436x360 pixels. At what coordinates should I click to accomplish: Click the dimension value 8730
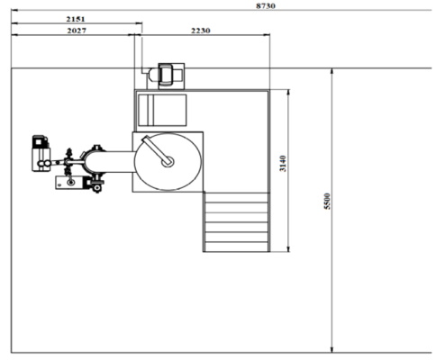[x=266, y=5]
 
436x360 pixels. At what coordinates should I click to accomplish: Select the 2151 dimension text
[x=76, y=19]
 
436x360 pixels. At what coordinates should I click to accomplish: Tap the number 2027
[x=77, y=31]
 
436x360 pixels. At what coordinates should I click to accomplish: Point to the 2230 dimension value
[x=201, y=31]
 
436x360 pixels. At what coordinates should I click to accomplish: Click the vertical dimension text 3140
[x=283, y=164]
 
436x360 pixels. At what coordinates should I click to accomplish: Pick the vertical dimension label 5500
[x=327, y=202]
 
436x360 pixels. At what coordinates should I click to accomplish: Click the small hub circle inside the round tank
[x=168, y=162]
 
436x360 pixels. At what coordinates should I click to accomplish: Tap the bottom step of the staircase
[x=236, y=247]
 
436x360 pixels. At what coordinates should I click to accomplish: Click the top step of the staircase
[x=236, y=198]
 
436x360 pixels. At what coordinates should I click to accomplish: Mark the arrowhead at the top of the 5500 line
[x=332, y=71]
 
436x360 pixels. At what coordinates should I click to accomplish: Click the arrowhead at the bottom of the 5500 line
[x=332, y=349]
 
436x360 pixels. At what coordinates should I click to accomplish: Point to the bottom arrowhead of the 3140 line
[x=288, y=248]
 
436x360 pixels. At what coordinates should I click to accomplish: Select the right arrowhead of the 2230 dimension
[x=267, y=35]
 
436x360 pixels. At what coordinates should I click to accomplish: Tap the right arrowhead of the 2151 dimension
[x=139, y=23]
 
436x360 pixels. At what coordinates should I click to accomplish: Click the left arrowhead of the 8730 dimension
[x=14, y=10]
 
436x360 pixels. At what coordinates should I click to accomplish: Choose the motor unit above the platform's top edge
[x=167, y=76]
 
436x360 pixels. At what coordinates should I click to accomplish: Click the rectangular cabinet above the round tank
[x=162, y=110]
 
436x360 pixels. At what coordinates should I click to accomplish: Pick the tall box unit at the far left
[x=41, y=154]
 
